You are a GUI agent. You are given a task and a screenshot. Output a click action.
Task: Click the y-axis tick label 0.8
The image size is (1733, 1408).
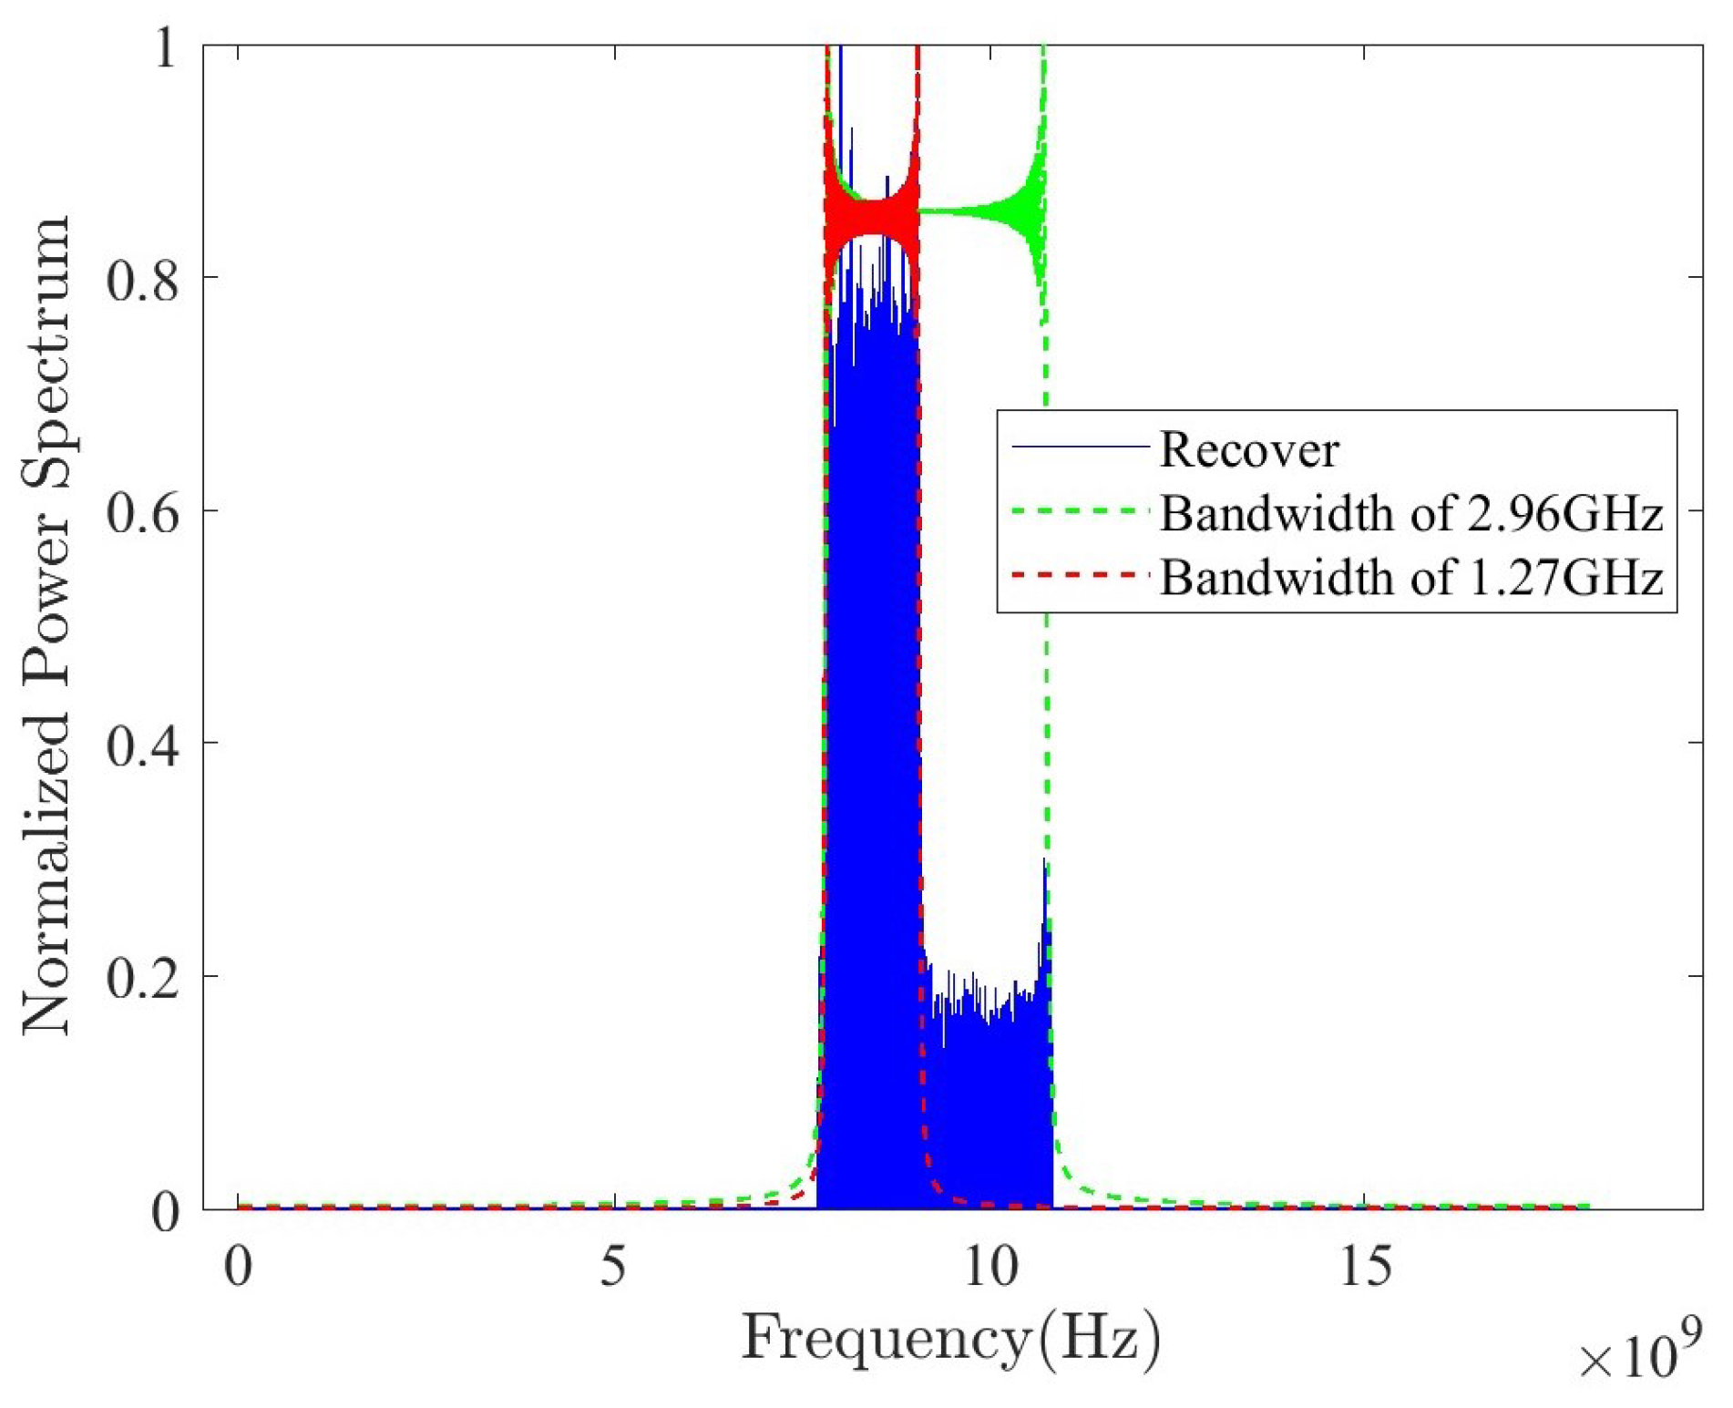click(x=140, y=278)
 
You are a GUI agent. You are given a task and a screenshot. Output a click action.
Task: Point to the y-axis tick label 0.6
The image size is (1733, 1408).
click(x=140, y=511)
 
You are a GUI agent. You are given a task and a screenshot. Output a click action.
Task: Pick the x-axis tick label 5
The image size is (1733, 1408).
click(x=613, y=1267)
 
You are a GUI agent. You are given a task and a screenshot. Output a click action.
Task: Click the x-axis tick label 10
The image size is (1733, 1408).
click(x=989, y=1267)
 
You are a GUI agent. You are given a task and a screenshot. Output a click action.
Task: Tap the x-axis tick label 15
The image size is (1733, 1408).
click(x=1364, y=1267)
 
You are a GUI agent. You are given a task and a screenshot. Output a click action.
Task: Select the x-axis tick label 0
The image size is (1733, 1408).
click(x=238, y=1267)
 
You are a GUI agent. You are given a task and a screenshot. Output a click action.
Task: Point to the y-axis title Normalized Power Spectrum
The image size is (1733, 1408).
click(x=47, y=626)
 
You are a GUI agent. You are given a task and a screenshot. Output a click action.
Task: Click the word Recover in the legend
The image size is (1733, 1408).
click(x=1248, y=449)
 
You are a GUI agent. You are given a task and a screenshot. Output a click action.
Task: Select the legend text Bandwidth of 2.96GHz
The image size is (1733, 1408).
click(x=1410, y=513)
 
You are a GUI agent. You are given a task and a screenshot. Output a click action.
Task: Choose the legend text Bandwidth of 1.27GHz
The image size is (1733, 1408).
click(x=1410, y=577)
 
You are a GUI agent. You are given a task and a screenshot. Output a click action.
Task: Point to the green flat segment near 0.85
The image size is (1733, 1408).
click(x=966, y=212)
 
